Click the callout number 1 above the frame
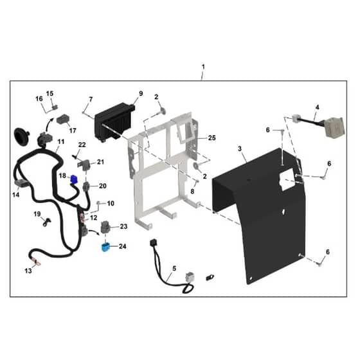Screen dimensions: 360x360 point(203,67)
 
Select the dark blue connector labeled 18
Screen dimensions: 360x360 point(74,179)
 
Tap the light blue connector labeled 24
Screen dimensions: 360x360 point(105,248)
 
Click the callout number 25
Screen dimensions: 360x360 point(212,138)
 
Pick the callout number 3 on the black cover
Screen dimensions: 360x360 point(240,148)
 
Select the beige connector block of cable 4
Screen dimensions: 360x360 point(334,127)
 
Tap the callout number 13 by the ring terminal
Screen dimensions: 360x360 point(28,271)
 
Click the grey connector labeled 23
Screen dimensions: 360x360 point(105,227)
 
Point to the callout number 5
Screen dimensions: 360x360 point(174,268)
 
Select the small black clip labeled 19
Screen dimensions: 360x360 point(46,222)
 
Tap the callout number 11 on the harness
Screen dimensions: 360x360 point(61,141)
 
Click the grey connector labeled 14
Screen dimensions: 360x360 point(21,183)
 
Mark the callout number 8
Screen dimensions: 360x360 point(192,192)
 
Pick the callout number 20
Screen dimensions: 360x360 point(103,186)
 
